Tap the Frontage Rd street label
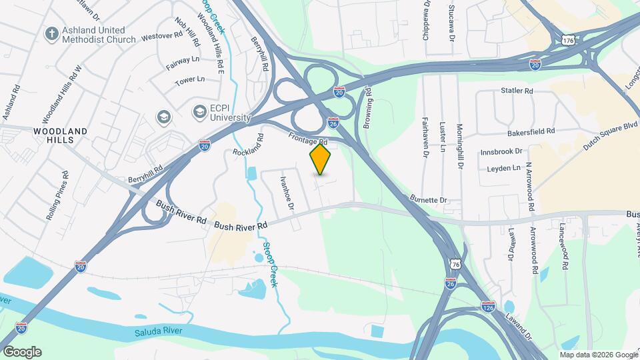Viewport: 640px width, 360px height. [308, 138]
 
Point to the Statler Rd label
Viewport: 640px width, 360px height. [517, 91]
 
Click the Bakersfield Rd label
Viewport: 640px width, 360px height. [531, 132]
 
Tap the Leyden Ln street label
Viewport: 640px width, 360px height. [503, 169]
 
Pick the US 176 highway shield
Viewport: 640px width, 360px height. [568, 41]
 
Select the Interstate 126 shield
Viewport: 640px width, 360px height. [489, 307]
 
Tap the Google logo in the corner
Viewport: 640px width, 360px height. [22, 352]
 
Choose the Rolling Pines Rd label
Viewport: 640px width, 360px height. [57, 197]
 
